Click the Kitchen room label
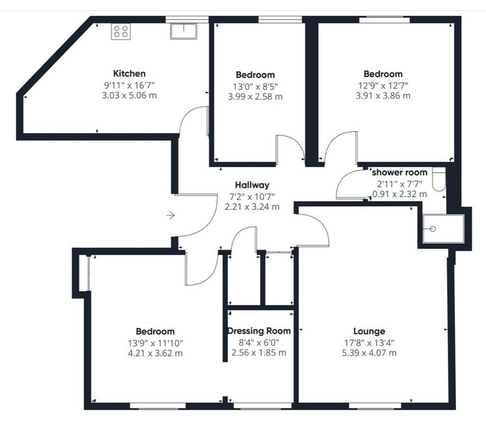point(129,74)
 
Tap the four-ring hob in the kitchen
point(121,32)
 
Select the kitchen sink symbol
point(183,31)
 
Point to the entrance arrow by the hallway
point(171,215)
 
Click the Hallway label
point(252,185)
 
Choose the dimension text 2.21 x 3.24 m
point(252,207)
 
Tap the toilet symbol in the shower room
point(439,180)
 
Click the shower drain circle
point(433,229)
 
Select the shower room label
point(400,173)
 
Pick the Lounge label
point(369,331)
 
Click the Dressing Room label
point(259,331)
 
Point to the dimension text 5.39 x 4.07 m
point(369,353)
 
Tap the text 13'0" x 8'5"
point(255,86)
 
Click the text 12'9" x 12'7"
point(383,85)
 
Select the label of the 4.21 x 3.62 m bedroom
point(155,331)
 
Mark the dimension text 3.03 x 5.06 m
point(129,95)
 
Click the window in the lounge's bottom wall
point(375,406)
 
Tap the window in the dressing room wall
point(262,406)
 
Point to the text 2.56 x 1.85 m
point(259,352)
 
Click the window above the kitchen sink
point(187,19)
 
